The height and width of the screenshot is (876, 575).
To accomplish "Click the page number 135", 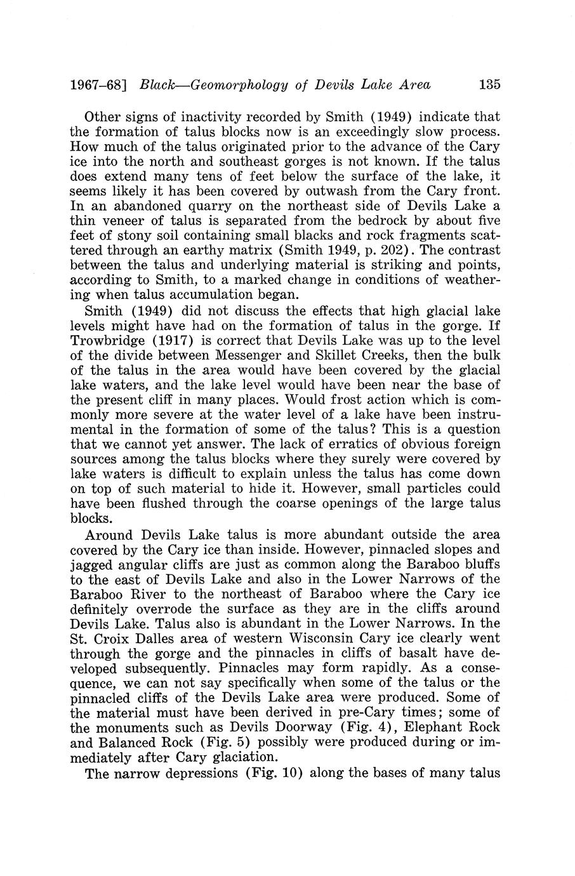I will pyautogui.click(x=491, y=84).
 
